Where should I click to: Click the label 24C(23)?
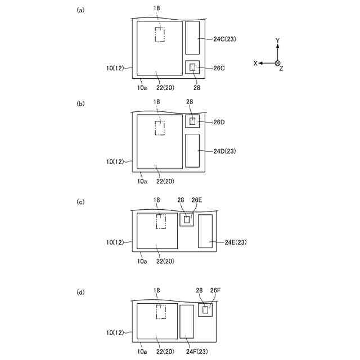click(224, 39)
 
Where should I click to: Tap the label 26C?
click(219, 68)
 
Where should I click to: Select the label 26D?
click(219, 122)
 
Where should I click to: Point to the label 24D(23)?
click(224, 151)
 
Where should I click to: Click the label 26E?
click(197, 200)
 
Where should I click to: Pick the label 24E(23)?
click(236, 242)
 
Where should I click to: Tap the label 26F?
click(215, 290)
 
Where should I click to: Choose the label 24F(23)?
click(197, 352)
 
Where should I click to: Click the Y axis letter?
click(277, 41)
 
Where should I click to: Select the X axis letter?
click(255, 64)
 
